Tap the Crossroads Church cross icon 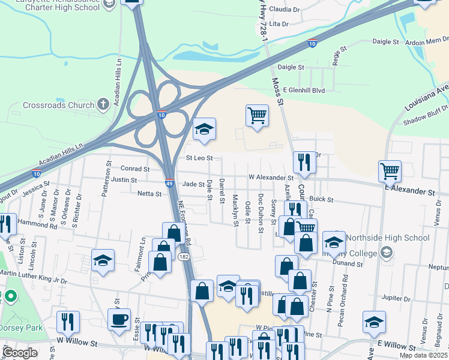click(103, 104)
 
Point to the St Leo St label click(199, 158)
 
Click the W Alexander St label click(271, 178)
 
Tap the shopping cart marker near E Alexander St click(390, 171)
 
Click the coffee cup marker click(119, 318)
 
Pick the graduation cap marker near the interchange click(204, 129)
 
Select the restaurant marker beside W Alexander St click(304, 162)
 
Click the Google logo click(20, 353)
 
